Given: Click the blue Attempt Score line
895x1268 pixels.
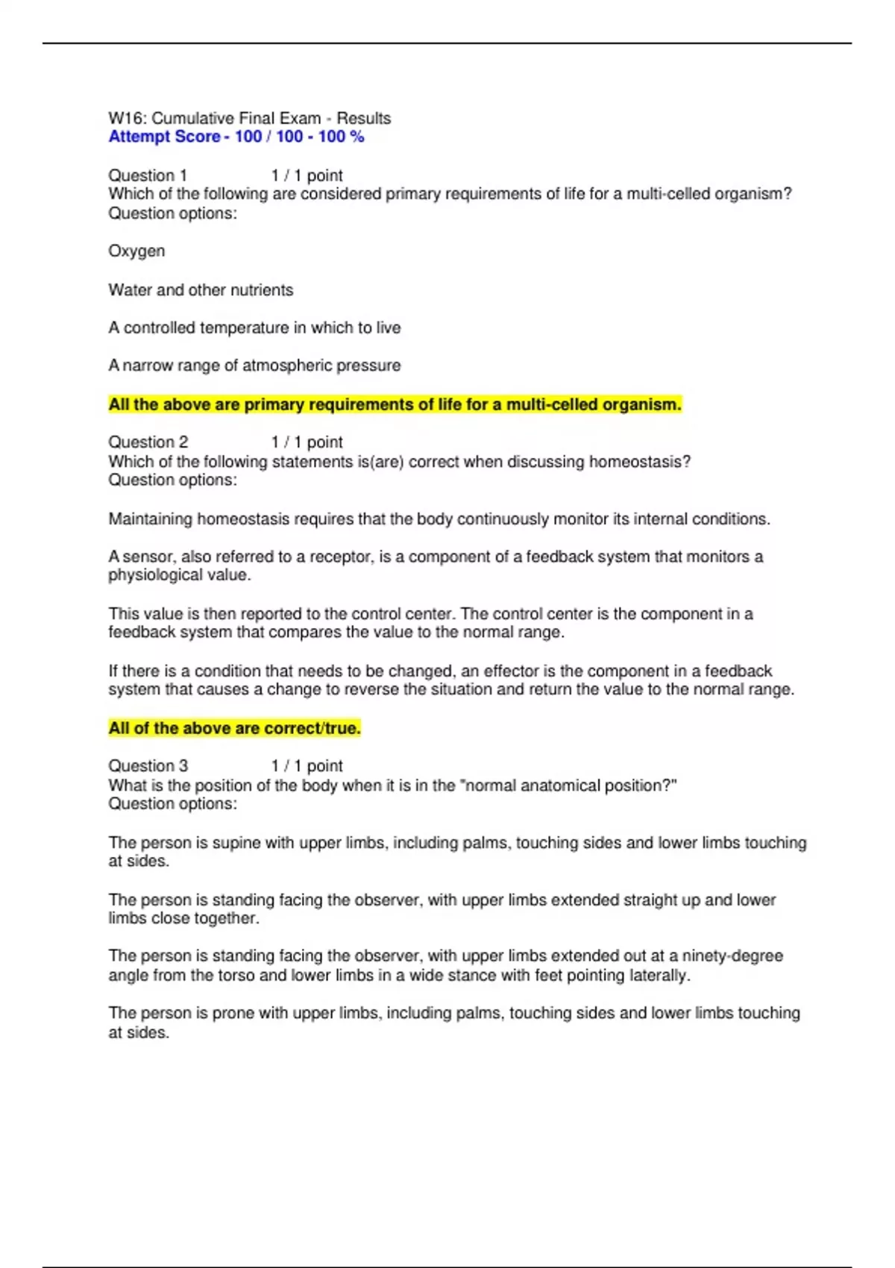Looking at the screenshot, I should pos(236,137).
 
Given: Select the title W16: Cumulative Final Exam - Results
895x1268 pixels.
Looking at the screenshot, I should pos(249,119).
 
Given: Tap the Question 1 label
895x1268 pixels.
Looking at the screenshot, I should pos(148,176).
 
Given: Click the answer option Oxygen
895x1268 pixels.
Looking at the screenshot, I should pos(136,251).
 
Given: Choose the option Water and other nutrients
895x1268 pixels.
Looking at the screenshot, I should pos(201,290).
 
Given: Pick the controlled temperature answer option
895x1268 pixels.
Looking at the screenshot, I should pos(254,328).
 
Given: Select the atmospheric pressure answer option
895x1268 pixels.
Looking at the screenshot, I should pos(254,366).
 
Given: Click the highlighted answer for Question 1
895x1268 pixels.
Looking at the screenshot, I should pos(395,405).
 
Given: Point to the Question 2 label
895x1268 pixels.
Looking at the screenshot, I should pos(148,442).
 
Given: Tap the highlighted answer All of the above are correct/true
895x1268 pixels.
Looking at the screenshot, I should pos(234,729).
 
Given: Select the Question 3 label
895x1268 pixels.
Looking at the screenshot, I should pos(148,766).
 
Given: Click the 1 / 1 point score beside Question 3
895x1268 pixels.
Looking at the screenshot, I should pos(307,766).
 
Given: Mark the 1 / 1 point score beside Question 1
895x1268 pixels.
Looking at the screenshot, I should pos(307,176).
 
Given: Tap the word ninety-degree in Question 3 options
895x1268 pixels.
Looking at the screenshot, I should pos(732,956).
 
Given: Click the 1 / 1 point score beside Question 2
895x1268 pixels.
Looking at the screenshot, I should pos(307,442).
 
